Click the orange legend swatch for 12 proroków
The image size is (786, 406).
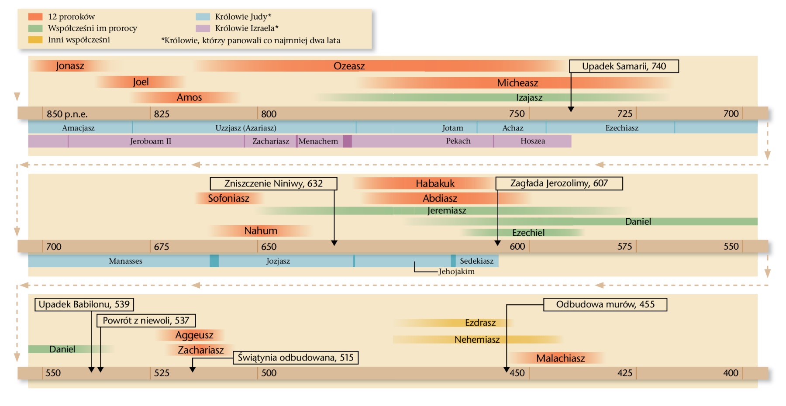[35, 17]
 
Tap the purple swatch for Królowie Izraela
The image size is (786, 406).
[203, 28]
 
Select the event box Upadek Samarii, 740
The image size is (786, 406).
[624, 66]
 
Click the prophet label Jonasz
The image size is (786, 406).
[70, 66]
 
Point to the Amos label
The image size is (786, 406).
[189, 97]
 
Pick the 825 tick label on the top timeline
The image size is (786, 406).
[162, 114]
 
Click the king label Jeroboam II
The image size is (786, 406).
[151, 141]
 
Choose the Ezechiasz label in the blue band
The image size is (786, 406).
[622, 128]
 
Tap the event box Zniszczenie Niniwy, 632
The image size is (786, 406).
[273, 183]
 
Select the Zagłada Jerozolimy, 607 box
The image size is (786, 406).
[559, 183]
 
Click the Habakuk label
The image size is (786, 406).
[435, 183]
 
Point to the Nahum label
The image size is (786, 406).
[261, 231]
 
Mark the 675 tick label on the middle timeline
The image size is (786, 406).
[162, 247]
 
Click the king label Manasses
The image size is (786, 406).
[125, 261]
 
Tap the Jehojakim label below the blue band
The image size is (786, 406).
[456, 272]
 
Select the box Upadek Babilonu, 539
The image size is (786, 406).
[84, 304]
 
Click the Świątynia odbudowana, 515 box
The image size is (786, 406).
[296, 358]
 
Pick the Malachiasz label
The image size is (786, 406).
[560, 358]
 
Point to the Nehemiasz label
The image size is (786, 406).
[477, 340]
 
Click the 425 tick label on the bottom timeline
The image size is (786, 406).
[625, 373]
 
